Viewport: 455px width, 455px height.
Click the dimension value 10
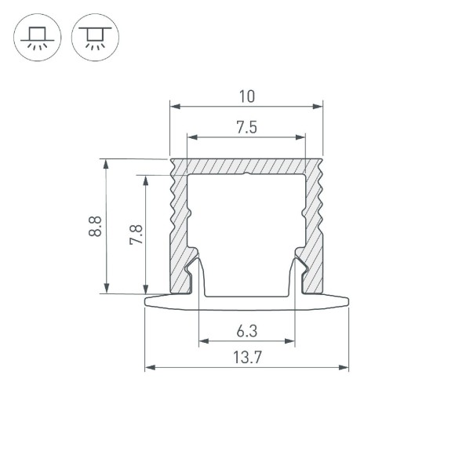pos(246,96)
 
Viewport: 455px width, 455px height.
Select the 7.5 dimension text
pos(246,127)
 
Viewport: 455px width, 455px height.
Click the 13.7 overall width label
pos(246,358)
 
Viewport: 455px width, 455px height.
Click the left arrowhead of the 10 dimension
pos(174,105)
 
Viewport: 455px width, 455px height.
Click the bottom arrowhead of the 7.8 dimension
pos(146,289)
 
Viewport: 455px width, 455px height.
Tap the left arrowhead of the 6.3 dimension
pos(202,341)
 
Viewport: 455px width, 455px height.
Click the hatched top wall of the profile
pos(246,166)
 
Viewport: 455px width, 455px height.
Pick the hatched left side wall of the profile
pos(178,227)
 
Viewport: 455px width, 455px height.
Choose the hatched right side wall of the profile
pos(315,227)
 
